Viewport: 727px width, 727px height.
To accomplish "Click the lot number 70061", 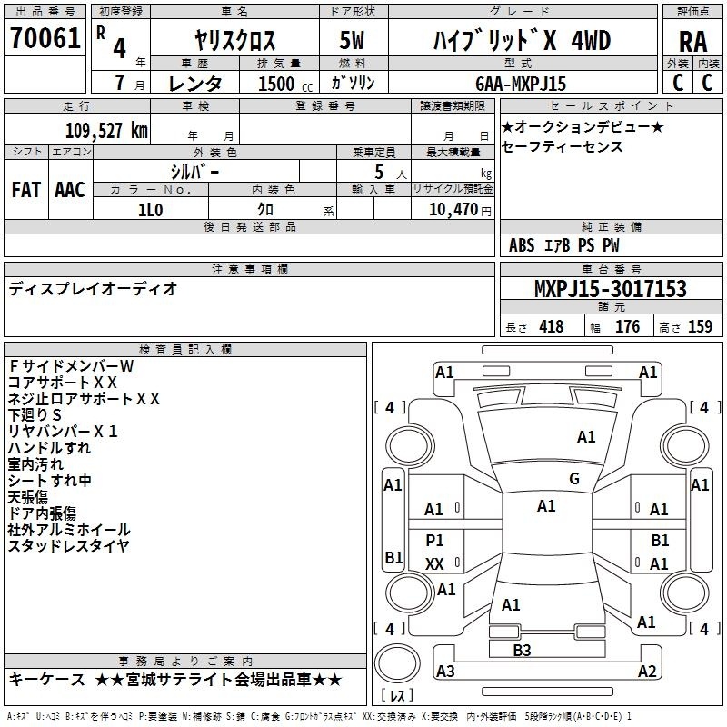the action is pos(45,37).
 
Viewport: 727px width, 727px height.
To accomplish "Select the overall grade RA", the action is pos(692,42).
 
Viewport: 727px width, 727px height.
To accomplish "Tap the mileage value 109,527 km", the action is pos(106,131).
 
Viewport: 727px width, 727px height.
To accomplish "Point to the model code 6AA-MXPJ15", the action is pos(521,84).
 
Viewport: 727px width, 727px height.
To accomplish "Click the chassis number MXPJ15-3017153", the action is pos(610,288).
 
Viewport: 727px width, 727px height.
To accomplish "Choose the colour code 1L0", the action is pos(150,210).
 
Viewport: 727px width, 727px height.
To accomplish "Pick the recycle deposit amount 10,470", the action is pos(453,209).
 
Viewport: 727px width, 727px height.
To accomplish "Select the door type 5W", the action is pos(352,40).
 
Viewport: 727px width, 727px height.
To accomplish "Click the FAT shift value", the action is pos(26,190).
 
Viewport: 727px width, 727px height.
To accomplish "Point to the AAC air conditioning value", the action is pos(70,190).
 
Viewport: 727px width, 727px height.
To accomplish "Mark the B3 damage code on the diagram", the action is pos(522,650).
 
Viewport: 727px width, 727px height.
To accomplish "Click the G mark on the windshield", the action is pos(574,478).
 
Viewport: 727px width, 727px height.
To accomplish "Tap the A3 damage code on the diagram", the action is pos(445,671).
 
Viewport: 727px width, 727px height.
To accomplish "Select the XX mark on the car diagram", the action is pos(434,563).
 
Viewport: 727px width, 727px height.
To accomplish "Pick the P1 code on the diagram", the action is pos(434,540).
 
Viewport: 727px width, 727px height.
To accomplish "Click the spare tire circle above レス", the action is pos(397,662).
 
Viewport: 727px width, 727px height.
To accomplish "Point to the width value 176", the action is pos(627,326).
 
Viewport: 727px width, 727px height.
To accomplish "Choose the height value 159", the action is pos(700,326).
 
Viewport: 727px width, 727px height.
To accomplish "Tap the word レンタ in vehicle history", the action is pos(194,84).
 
